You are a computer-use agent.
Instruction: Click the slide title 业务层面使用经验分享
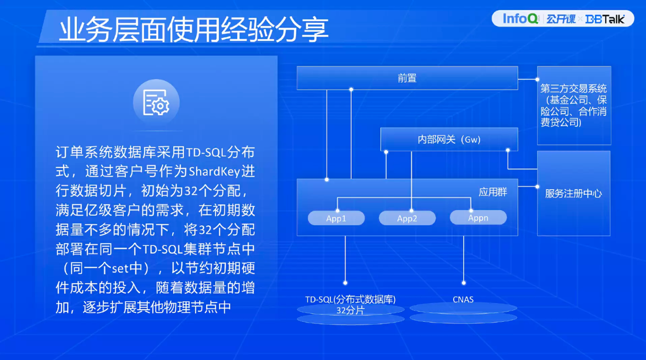coord(193,29)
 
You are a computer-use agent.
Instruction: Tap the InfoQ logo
coord(520,19)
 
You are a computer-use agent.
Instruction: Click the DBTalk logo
coord(605,19)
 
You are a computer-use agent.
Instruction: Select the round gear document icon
coord(156,102)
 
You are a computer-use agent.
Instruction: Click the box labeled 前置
coord(407,78)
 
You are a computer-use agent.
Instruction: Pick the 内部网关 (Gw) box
coord(449,139)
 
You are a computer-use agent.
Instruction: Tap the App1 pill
coord(336,218)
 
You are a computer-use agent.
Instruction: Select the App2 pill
coord(407,218)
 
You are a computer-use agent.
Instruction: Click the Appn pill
coord(478,217)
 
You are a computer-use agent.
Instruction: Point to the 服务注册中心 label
coord(573,194)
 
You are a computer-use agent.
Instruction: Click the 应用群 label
coord(493,192)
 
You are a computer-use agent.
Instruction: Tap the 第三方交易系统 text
coord(573,89)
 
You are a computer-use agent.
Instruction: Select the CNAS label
coord(463,300)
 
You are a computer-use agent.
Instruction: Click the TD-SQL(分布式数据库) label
coord(350,300)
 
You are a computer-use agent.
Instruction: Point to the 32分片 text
coord(350,311)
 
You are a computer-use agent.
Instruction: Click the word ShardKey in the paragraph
coord(214,172)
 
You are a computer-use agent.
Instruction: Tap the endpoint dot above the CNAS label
coord(464,283)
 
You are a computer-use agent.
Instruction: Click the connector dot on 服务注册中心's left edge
coord(537,187)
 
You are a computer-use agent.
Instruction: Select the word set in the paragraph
coord(121,269)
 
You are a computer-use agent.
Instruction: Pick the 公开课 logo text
coord(561,19)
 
